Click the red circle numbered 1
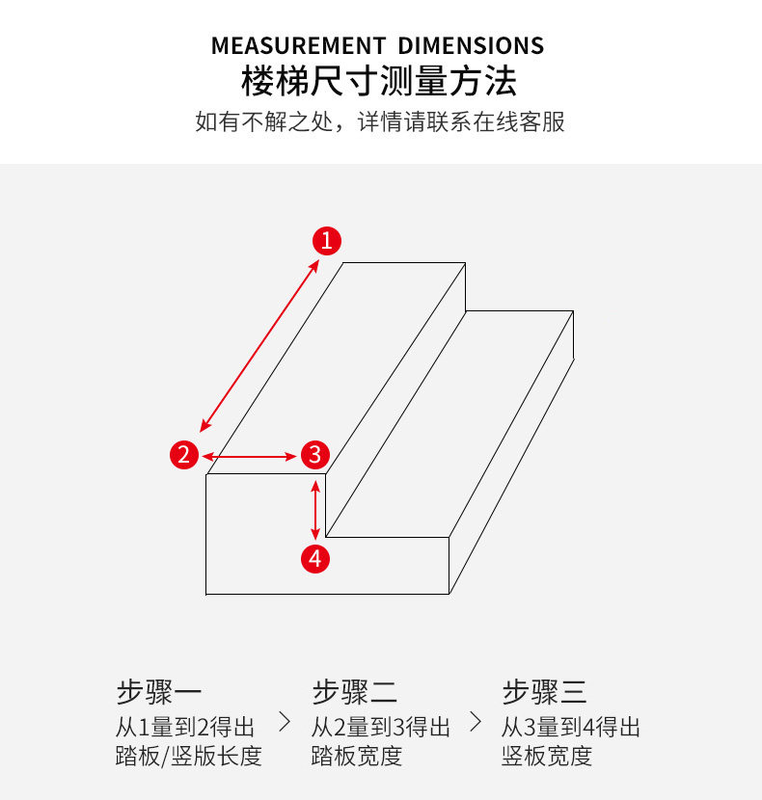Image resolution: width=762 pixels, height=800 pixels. point(327,240)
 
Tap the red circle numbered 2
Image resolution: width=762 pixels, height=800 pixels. point(184,454)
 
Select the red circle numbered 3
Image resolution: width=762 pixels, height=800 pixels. point(315,454)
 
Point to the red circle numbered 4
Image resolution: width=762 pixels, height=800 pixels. point(315,557)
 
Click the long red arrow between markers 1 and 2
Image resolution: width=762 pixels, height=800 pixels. point(260,345)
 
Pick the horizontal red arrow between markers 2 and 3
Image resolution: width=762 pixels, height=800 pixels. point(250,455)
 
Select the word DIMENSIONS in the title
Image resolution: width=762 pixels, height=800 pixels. point(471,46)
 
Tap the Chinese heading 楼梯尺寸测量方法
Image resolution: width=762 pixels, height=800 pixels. point(380,82)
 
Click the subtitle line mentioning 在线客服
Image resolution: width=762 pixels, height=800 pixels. point(380,122)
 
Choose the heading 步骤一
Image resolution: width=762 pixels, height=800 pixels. point(159,692)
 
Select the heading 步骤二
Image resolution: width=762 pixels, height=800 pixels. point(354,692)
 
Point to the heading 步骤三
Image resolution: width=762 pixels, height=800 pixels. point(544,692)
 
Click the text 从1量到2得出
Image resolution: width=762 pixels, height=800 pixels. point(186,727)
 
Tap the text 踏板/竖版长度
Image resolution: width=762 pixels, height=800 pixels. point(188,756)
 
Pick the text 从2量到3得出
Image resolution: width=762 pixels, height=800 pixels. point(381,727)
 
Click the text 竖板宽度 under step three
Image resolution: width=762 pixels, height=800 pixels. point(546,756)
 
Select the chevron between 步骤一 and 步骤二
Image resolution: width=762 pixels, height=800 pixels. point(284,721)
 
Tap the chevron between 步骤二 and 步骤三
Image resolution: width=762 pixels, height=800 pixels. point(475,721)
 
